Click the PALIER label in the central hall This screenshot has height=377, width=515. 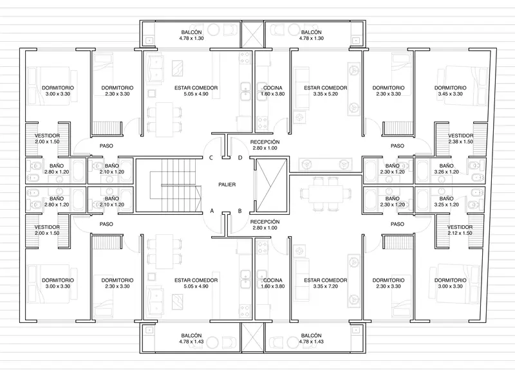(227, 185)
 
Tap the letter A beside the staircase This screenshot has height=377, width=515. (212, 211)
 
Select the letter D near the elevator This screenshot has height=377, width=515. (240, 158)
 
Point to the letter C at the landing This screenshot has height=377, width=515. (211, 158)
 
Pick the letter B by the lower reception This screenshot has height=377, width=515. (239, 211)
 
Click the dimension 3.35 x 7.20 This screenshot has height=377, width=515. (326, 286)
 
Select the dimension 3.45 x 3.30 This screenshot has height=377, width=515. (450, 94)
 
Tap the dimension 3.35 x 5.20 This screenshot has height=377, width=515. (326, 94)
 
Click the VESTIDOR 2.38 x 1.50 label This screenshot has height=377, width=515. (461, 138)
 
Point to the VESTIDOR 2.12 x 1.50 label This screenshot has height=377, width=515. (460, 230)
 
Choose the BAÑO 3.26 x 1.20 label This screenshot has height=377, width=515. (446, 169)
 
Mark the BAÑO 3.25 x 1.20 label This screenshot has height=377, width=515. (446, 201)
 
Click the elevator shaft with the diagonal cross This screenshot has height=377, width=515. (271, 185)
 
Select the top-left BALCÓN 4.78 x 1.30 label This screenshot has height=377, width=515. (191, 35)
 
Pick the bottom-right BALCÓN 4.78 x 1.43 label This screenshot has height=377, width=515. (312, 338)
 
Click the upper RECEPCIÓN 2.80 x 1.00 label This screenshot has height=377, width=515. (265, 145)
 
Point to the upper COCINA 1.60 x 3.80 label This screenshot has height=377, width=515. (272, 91)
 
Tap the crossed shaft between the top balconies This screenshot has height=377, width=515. (252, 35)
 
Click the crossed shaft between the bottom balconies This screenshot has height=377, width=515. (252, 338)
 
